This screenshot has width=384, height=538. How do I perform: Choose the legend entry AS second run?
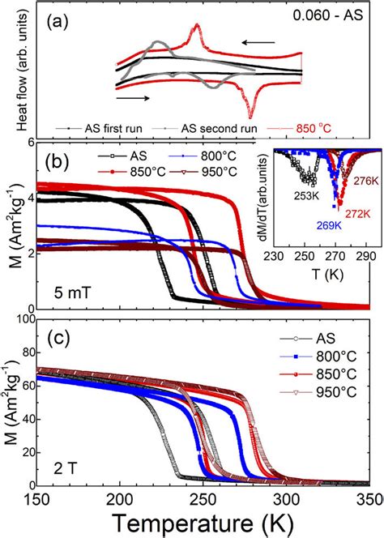tap(195, 128)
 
